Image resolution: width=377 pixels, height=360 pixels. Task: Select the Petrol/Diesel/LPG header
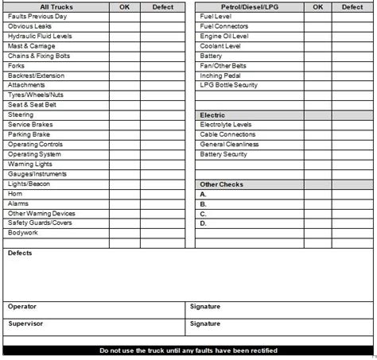pos(235,6)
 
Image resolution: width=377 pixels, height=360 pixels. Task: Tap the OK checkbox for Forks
pos(124,66)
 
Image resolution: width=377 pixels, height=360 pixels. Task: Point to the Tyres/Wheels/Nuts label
pos(35,95)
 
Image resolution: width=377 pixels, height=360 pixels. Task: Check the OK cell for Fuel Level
pos(317,17)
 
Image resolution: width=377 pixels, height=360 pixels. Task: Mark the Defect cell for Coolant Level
pos(352,46)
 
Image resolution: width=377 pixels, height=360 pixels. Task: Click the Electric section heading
pos(213,115)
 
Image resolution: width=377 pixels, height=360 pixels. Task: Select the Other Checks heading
pos(222,184)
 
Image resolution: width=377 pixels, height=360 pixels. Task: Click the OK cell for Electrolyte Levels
pos(317,125)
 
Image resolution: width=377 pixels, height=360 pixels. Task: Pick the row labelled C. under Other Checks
pos(204,213)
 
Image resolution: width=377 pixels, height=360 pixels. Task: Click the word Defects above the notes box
pos(20,254)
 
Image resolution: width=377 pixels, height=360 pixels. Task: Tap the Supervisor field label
pos(25,324)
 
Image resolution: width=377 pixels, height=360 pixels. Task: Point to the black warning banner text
pos(188,350)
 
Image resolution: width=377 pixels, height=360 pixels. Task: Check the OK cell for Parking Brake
pos(124,134)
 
